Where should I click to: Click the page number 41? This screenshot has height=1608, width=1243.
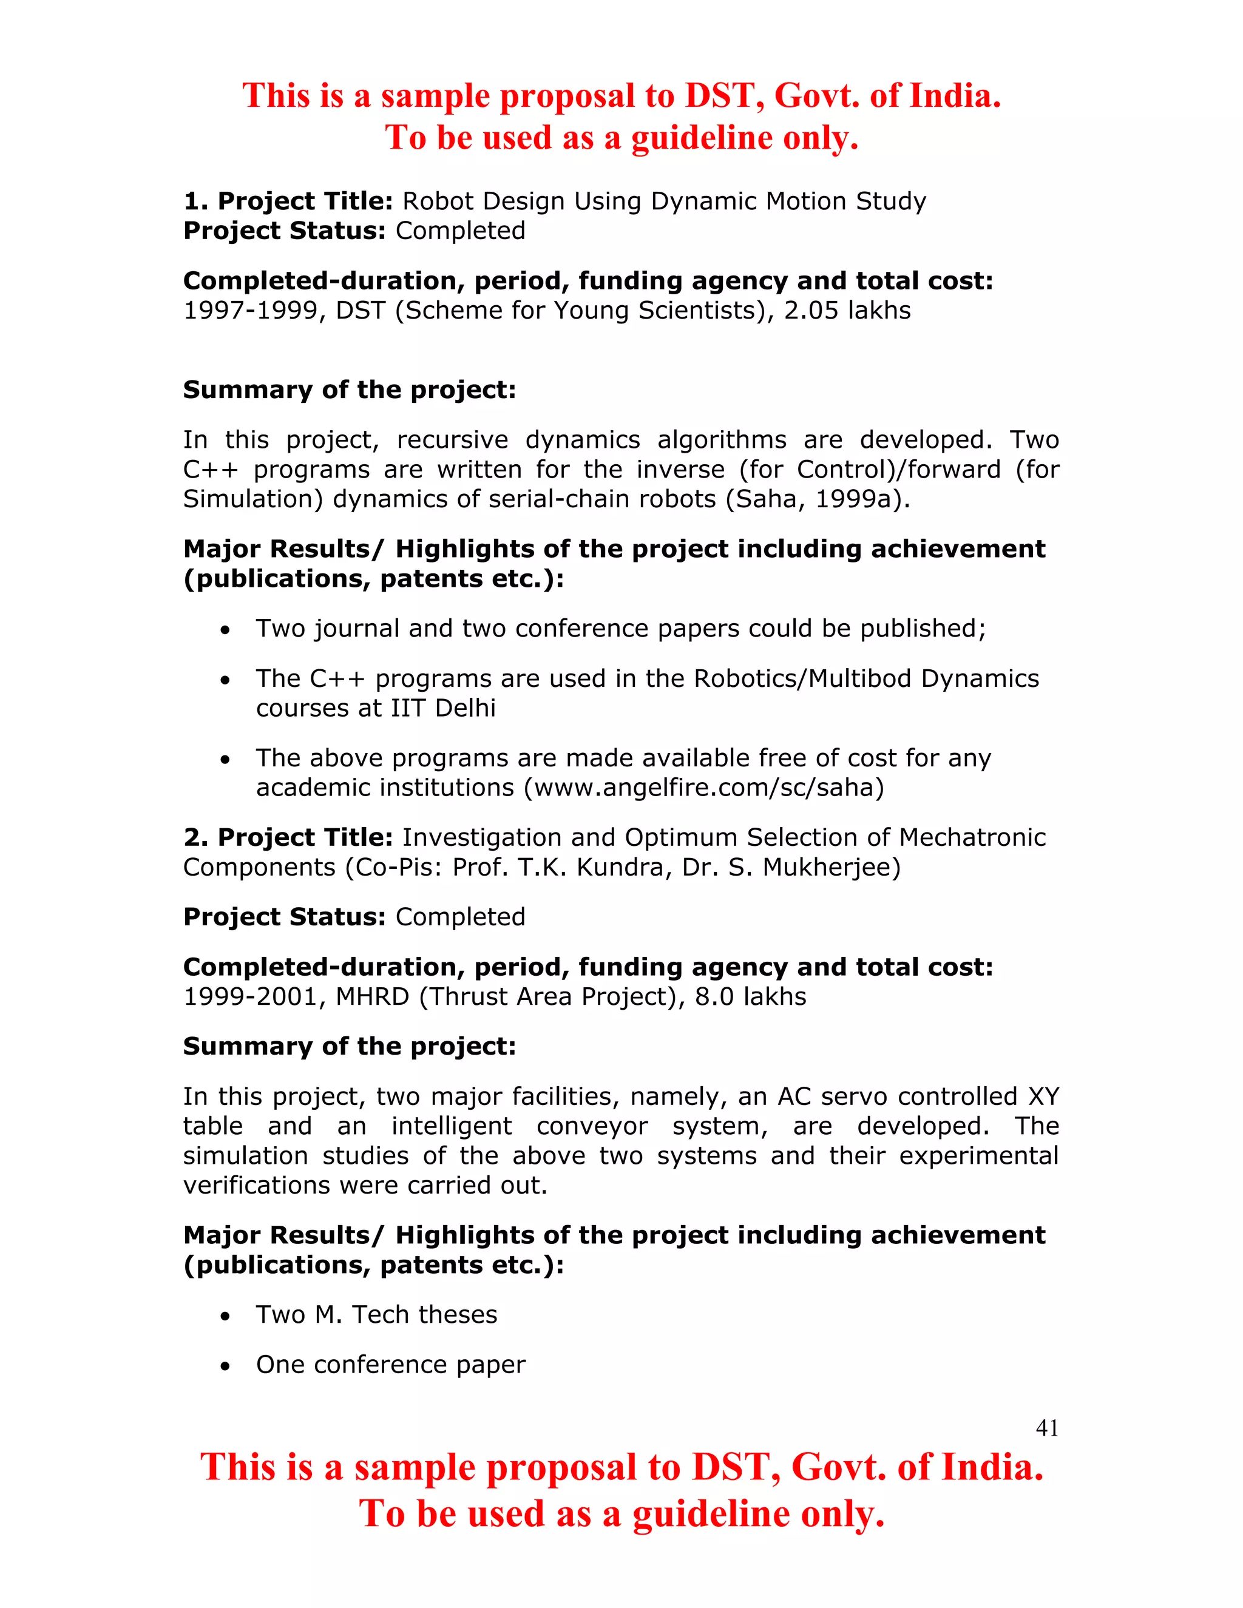point(1046,1428)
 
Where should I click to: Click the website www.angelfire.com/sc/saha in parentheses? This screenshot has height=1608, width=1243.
point(703,788)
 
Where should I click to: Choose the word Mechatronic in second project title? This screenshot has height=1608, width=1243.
point(972,838)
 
